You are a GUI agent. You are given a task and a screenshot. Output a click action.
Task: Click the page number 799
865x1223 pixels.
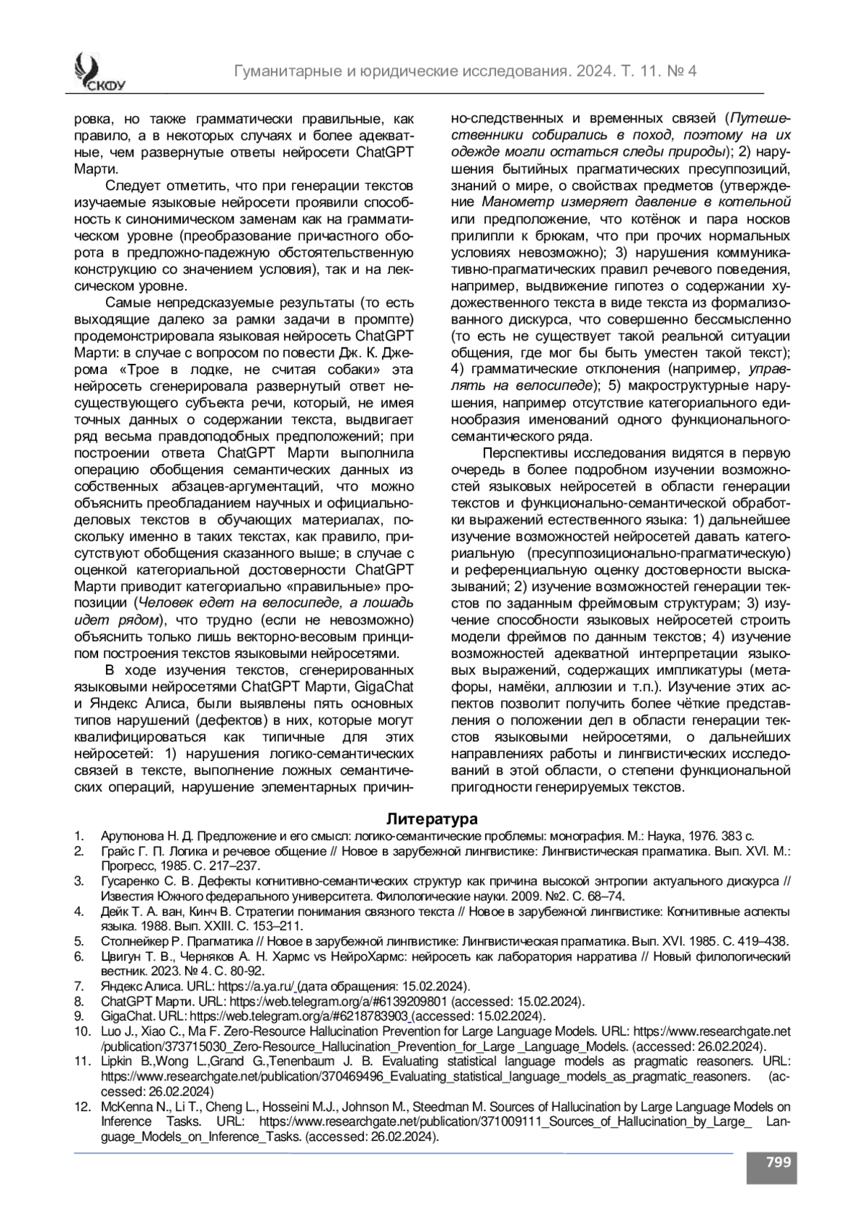778,1162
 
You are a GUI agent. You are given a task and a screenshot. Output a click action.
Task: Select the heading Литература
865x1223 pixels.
432,819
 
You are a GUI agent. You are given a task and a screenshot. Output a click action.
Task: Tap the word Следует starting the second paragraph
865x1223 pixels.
136,185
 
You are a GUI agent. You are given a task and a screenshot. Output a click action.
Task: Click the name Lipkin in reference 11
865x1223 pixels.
118,1061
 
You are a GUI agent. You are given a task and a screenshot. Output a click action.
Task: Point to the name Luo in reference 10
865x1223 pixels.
112,1031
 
